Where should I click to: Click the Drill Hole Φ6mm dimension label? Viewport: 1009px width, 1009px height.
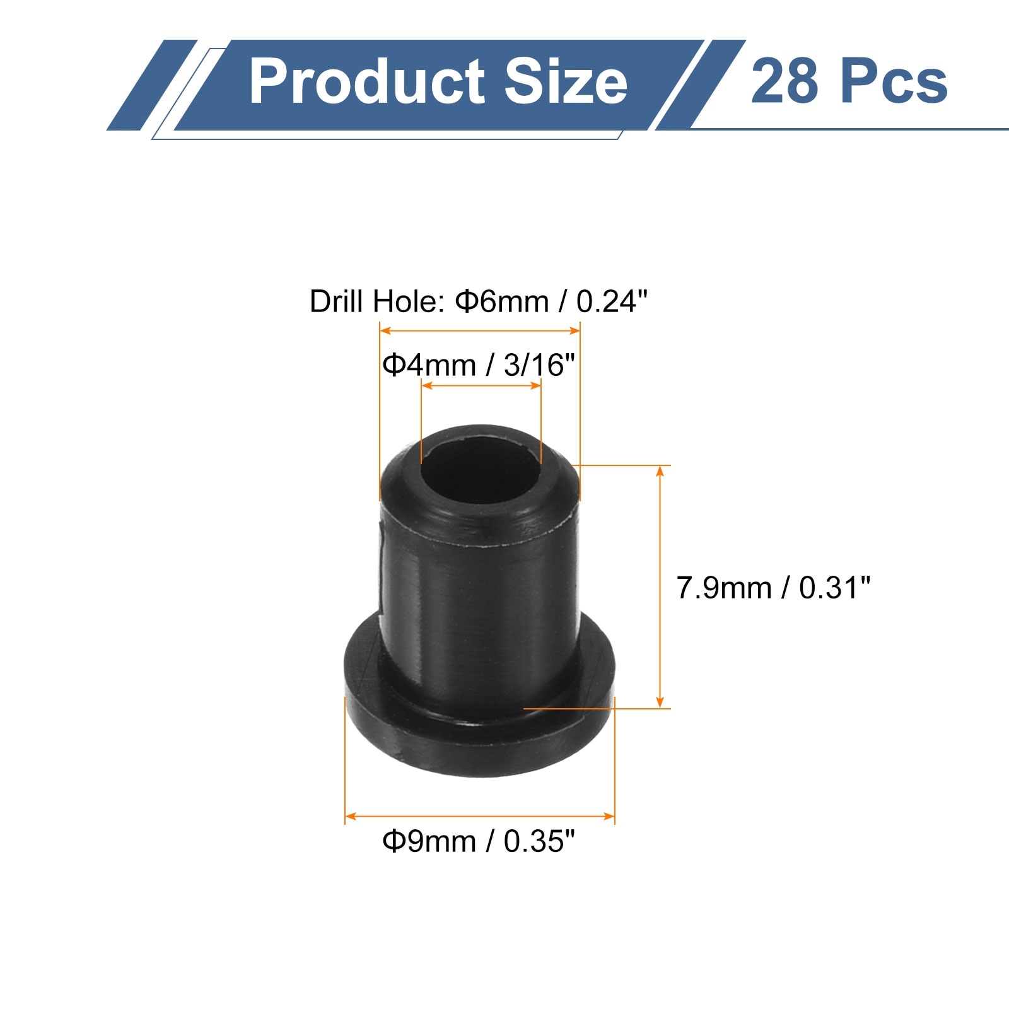tap(478, 301)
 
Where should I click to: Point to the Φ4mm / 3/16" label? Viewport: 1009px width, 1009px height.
tap(479, 365)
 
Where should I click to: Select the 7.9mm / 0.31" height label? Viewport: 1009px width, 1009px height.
tap(773, 588)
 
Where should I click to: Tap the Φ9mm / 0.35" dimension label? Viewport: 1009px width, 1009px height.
tap(479, 841)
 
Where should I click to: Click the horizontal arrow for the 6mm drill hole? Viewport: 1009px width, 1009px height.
tap(479, 330)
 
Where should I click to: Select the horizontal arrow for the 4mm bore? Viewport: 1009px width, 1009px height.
tap(481, 385)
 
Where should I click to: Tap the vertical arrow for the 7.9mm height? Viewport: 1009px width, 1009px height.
tap(660, 586)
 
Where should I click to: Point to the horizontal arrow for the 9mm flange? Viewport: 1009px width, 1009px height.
tap(479, 816)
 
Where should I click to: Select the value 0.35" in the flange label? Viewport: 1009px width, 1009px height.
tap(539, 841)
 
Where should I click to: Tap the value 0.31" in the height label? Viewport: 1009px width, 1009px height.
tap(834, 588)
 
